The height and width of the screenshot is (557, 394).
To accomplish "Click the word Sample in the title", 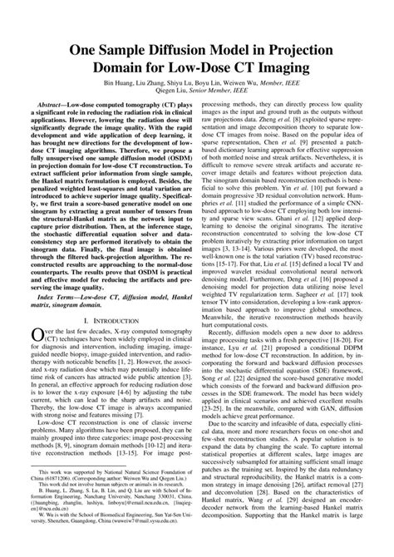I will tap(128, 52).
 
